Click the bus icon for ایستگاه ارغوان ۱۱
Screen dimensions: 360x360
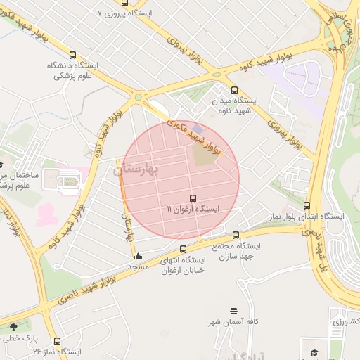[x=193, y=198]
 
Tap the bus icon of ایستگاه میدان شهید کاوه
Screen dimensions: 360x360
[x=235, y=90]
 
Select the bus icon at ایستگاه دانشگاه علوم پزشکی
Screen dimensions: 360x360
[x=72, y=55]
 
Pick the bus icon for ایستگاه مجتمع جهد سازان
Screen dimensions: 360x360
[x=236, y=236]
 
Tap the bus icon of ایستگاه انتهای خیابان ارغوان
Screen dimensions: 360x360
[x=184, y=250]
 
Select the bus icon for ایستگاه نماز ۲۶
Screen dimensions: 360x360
[x=57, y=341]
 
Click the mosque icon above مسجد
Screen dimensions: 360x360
[x=138, y=256]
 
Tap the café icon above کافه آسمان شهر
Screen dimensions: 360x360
[x=233, y=311]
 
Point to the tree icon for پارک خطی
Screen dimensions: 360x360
[x=13, y=327]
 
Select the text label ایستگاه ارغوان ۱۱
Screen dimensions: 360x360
[x=193, y=210]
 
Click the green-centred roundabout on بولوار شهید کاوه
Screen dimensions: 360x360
[x=138, y=98]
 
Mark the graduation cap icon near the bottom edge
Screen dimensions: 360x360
[x=314, y=352]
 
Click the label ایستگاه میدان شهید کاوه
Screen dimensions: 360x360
[x=235, y=105]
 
